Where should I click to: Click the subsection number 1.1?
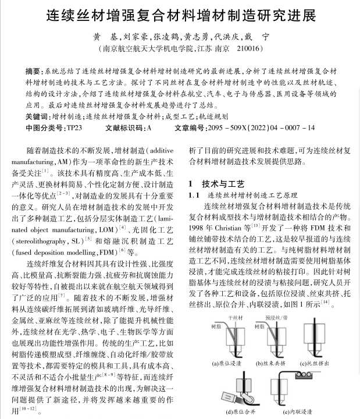point(194,195)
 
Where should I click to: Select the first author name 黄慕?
point(102,36)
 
